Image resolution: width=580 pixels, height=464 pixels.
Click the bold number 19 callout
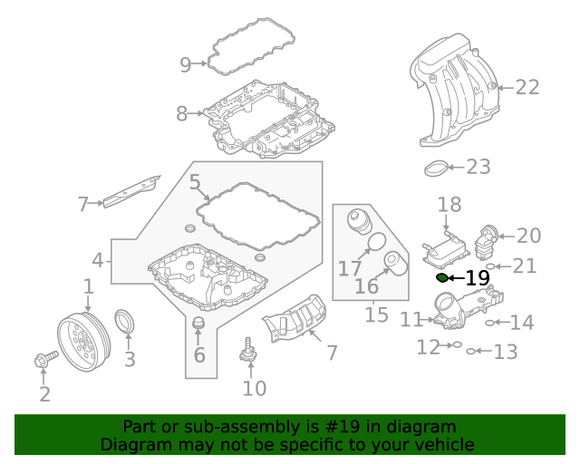tap(477, 278)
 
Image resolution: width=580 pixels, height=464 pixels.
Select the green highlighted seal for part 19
tap(442, 277)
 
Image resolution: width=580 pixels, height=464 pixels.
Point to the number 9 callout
tap(186, 64)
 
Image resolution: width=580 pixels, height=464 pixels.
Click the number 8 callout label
tap(182, 114)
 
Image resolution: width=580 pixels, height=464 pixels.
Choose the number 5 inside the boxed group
tap(195, 183)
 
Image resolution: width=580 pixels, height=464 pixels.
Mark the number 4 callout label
tap(98, 262)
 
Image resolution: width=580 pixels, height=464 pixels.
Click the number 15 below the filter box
tap(376, 314)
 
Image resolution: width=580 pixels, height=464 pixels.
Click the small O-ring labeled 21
tap(490, 266)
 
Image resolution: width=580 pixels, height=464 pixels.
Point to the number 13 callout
tap(505, 351)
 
